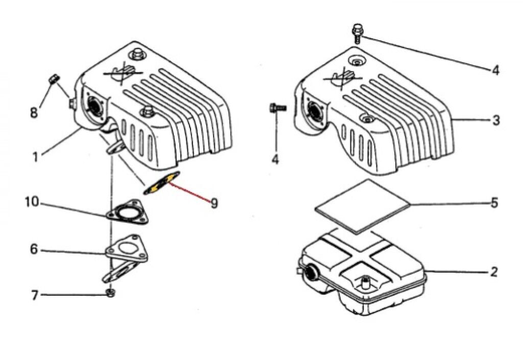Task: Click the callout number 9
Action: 214,203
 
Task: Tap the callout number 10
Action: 32,202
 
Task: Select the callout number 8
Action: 34,113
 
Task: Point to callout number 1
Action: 35,157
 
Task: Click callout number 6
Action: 34,249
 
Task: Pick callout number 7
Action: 35,295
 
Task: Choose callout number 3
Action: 496,120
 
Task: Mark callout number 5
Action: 494,202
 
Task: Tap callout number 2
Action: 494,272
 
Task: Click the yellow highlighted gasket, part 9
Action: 161,183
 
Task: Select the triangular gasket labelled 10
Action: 127,212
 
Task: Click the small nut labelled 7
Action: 111,293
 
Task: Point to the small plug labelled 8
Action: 54,79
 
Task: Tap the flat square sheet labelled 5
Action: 363,206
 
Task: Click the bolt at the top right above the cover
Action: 357,33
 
